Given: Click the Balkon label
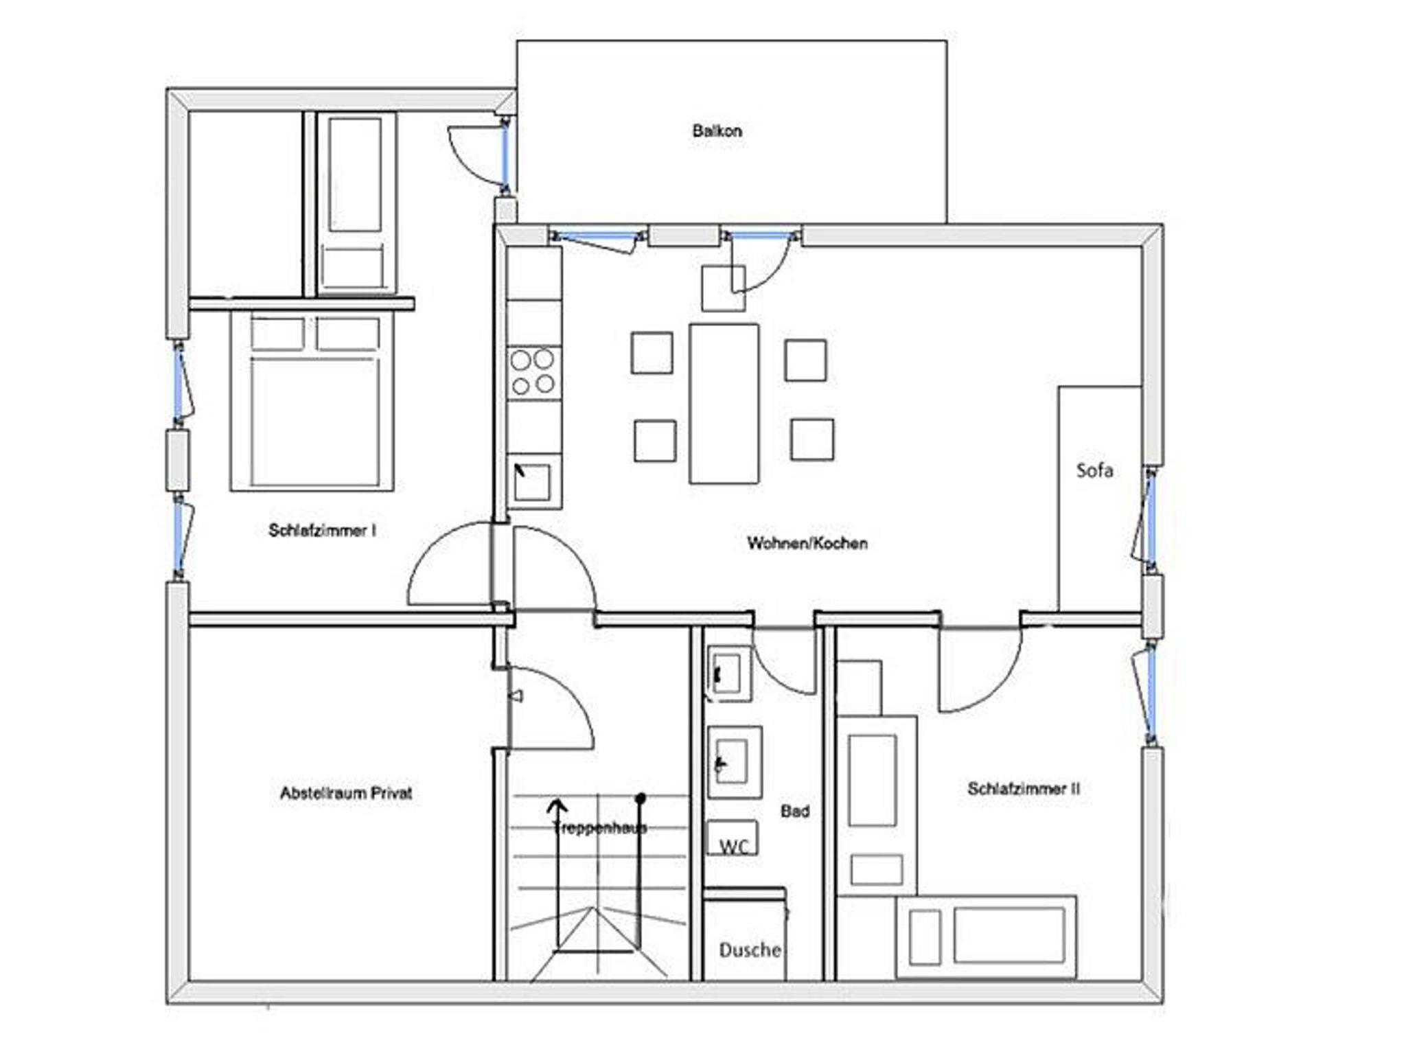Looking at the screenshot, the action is click(x=717, y=130).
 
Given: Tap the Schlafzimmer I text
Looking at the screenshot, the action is click(x=322, y=530).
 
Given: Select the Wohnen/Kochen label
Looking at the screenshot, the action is click(x=807, y=543).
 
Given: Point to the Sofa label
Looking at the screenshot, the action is click(x=1094, y=470).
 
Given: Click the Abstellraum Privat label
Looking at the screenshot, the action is click(x=346, y=793).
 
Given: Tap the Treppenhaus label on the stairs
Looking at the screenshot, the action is click(x=600, y=827).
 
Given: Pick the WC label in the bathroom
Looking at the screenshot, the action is click(x=733, y=847).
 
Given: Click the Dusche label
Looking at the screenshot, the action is click(x=750, y=950).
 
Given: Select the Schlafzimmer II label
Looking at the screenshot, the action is click(x=1024, y=789).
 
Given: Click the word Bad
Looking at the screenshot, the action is click(x=795, y=812).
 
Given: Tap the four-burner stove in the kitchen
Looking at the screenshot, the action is click(x=533, y=372).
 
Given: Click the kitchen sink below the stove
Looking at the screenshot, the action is click(x=533, y=482).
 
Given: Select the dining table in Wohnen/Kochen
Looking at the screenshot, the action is click(x=724, y=404).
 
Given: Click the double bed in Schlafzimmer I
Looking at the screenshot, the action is click(x=312, y=401).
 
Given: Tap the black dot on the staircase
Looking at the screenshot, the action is click(x=641, y=799).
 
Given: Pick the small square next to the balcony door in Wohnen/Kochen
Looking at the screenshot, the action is click(x=724, y=288).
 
